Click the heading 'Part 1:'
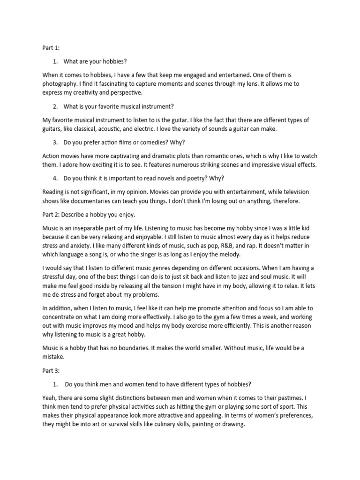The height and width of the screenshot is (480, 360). coord(50,47)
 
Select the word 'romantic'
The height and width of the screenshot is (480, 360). coord(202,156)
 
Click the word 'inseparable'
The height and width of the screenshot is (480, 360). coord(89,227)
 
